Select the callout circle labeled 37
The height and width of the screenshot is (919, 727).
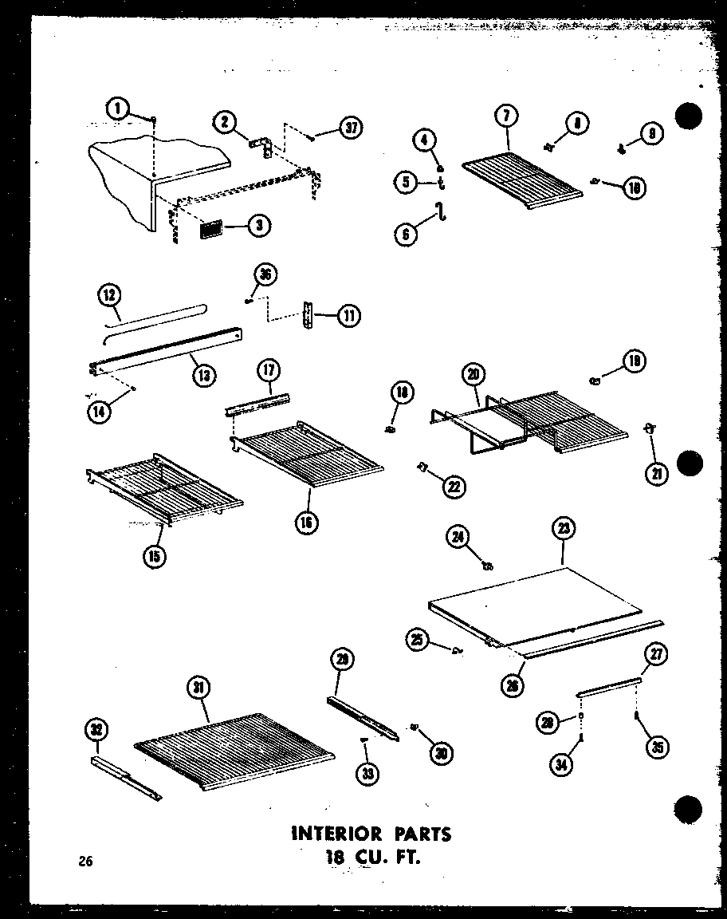click(x=348, y=128)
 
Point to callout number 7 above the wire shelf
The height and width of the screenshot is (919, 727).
click(x=506, y=116)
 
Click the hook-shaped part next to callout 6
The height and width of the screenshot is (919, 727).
click(x=438, y=211)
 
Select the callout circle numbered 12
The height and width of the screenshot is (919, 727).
click(x=109, y=294)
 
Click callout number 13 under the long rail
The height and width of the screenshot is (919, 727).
click(x=204, y=374)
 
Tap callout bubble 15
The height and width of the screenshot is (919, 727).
click(x=156, y=556)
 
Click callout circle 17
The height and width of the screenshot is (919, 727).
click(x=268, y=370)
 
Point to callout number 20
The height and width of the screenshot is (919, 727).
click(x=473, y=374)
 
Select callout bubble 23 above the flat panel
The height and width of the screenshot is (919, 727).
click(x=564, y=528)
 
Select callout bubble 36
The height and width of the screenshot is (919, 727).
click(x=263, y=274)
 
